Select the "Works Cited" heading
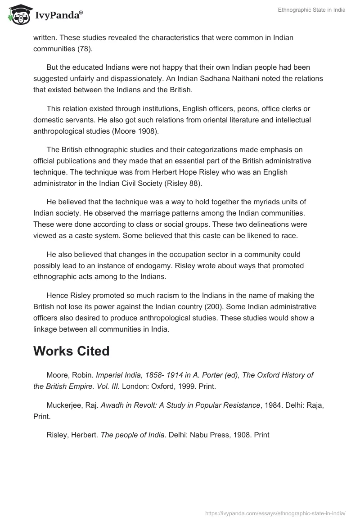71,351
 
